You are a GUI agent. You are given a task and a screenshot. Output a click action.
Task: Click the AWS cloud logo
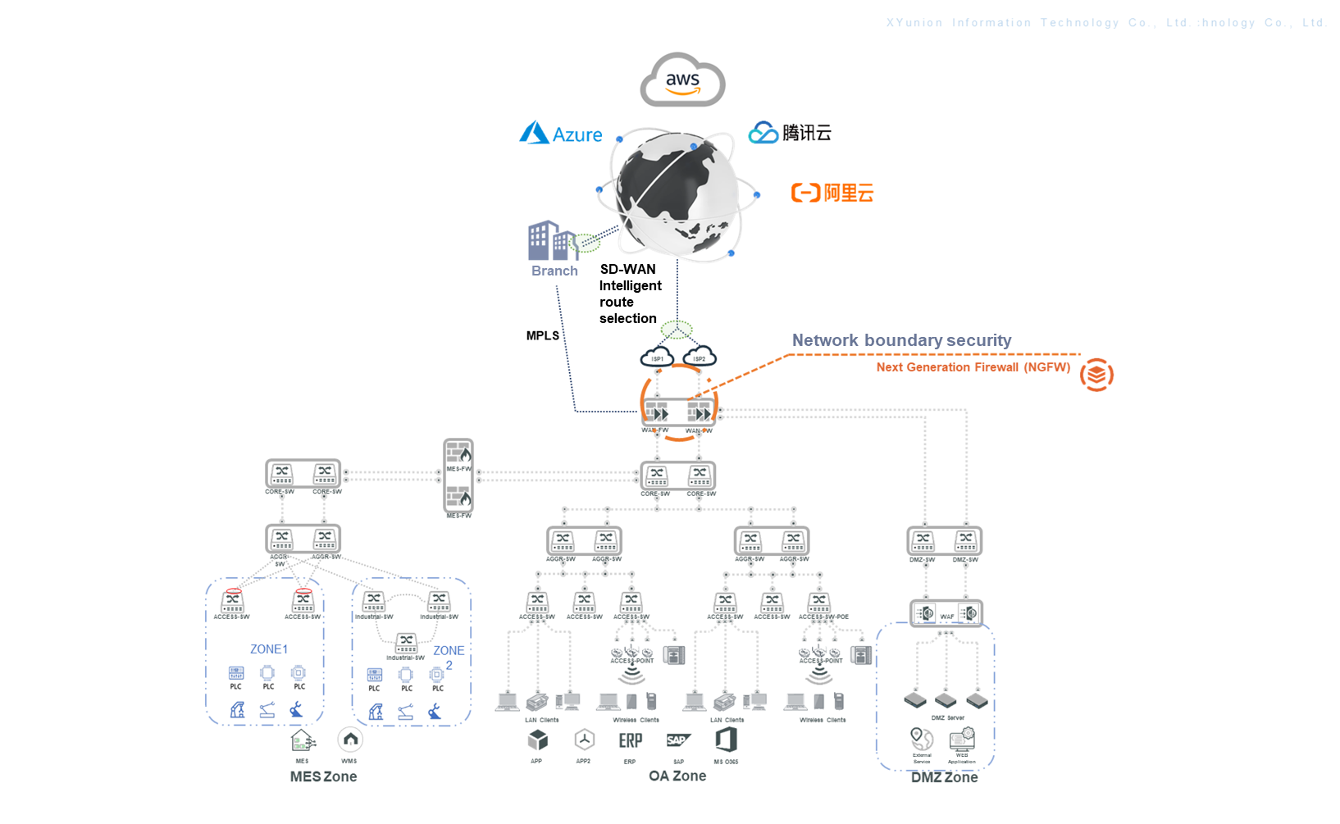coord(682,80)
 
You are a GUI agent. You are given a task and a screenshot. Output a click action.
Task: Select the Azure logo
coord(561,134)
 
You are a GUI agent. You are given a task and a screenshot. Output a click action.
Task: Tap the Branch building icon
coord(552,240)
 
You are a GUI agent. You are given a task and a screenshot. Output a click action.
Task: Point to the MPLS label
coord(542,335)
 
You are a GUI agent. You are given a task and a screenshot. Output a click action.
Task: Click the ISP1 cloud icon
coord(657,357)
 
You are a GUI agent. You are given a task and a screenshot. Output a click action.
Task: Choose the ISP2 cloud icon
coord(700,357)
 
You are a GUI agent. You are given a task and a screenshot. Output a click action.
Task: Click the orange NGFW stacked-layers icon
coord(1096,375)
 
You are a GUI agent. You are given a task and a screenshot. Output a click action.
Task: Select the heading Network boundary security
coord(901,340)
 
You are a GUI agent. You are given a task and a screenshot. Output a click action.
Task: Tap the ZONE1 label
coord(269,649)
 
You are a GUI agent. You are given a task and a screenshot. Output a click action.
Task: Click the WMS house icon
coord(350,740)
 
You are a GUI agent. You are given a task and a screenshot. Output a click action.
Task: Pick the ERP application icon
coord(630,740)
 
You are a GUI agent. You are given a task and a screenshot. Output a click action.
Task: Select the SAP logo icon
coord(678,740)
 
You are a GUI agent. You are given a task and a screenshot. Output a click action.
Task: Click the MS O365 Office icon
coord(726,740)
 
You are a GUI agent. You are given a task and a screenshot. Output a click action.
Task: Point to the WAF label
coord(946,617)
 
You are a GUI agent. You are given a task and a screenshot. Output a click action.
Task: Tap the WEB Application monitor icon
coord(962,739)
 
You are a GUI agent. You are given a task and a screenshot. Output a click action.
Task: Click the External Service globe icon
coord(922,739)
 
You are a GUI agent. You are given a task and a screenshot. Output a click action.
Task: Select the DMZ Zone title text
coord(944,777)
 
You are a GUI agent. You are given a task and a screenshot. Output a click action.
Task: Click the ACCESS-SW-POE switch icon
coord(818,603)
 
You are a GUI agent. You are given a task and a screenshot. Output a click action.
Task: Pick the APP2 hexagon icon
coord(584,740)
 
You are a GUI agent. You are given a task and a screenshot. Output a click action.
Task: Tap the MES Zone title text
coord(323,776)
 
